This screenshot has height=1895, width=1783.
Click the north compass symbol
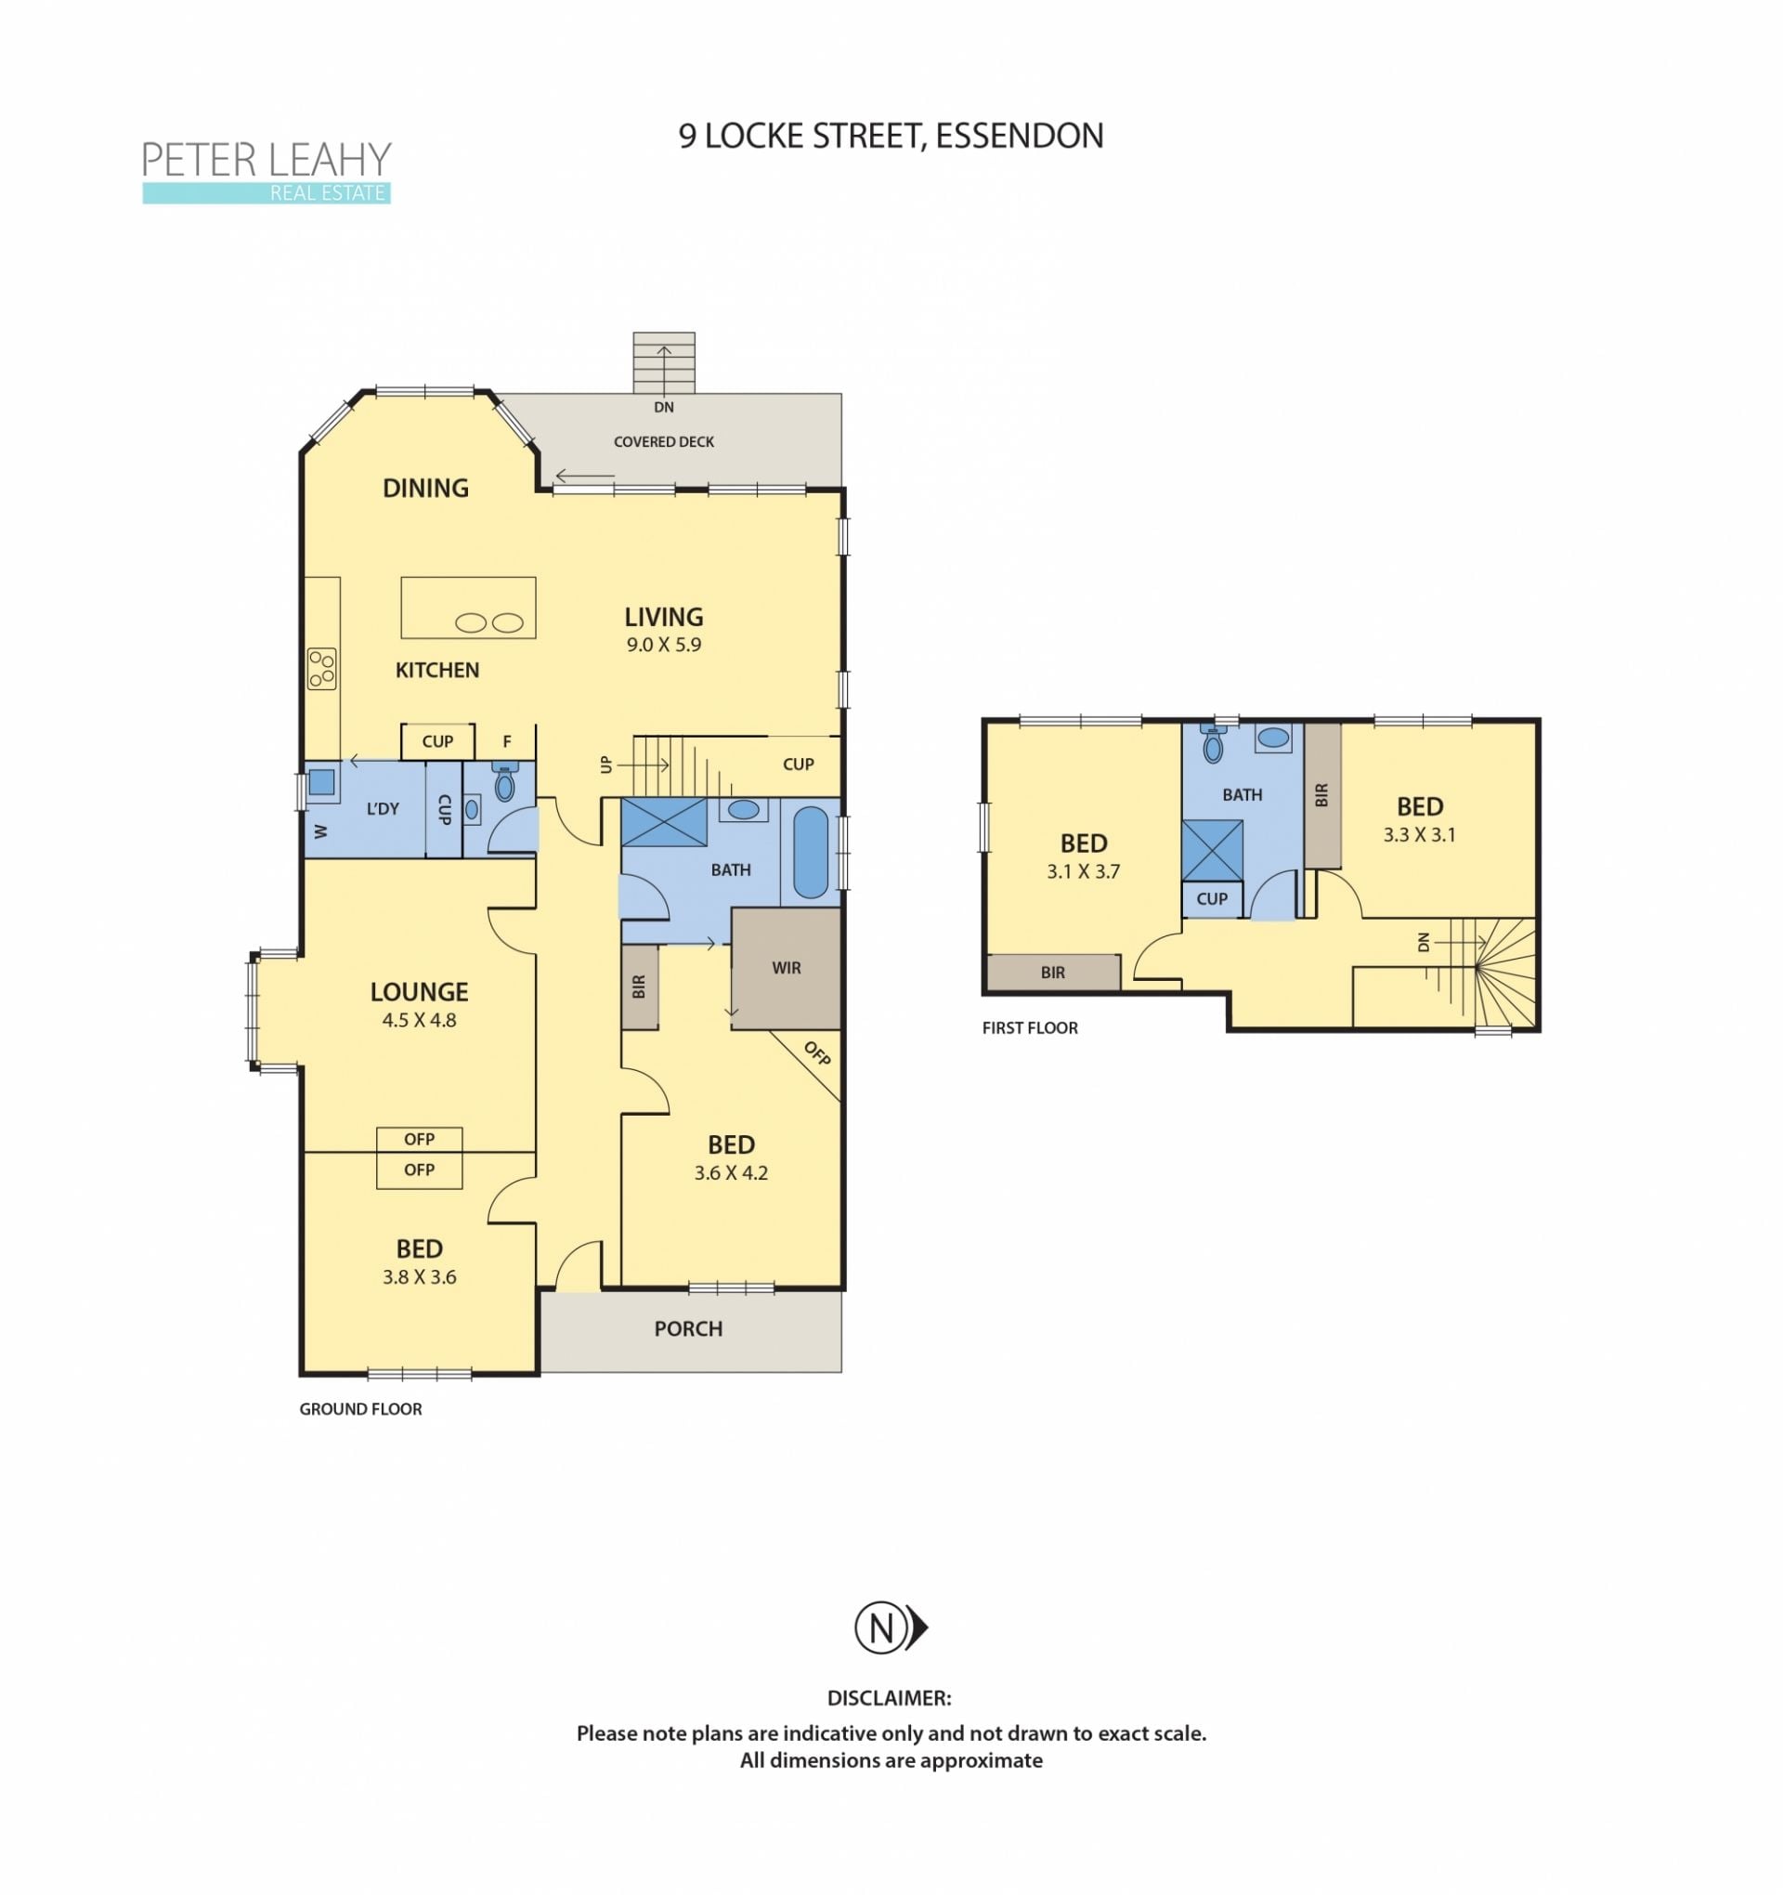[890, 1627]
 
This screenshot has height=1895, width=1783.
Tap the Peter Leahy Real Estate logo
[267, 172]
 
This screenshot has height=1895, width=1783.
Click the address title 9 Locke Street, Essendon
[890, 137]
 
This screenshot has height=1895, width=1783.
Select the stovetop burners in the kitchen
[321, 668]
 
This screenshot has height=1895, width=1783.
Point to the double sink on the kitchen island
[488, 623]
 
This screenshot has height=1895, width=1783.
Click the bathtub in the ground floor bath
[810, 852]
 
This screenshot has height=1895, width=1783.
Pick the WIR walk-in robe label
[787, 969]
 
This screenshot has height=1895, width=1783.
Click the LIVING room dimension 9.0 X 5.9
[663, 646]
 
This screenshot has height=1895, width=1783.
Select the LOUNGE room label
[420, 992]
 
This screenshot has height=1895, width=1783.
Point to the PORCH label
[688, 1328]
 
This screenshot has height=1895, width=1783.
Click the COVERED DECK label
[663, 442]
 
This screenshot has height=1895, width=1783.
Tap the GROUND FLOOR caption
[360, 1409]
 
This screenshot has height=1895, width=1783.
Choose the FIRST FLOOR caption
[1030, 1028]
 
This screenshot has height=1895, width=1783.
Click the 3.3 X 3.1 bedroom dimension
[1419, 835]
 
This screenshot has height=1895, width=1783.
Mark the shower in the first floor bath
[1212, 850]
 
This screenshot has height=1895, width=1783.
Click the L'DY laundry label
[383, 809]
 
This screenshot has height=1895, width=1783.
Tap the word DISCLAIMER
[889, 1699]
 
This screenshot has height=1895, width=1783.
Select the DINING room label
[425, 489]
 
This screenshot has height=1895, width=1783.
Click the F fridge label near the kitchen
[507, 741]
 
